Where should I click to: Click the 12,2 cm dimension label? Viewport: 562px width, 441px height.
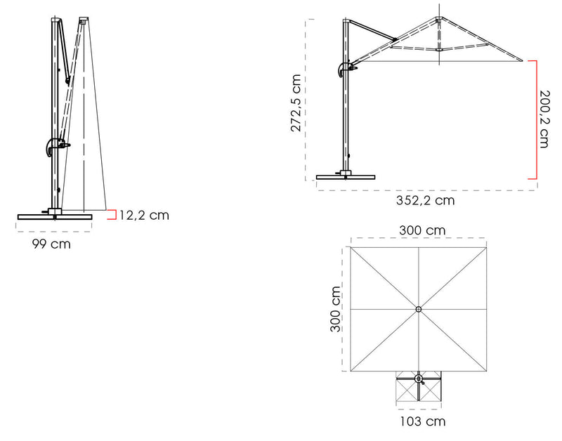tap(144, 215)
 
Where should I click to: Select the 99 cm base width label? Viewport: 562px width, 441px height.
tap(51, 244)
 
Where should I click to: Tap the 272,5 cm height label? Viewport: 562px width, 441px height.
tap(296, 103)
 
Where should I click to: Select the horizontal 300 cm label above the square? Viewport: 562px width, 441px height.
tap(422, 230)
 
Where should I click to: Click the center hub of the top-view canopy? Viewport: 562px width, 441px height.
tap(419, 309)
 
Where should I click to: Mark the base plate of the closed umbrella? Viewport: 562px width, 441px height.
tap(55, 216)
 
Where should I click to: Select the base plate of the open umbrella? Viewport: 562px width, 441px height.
tap(345, 177)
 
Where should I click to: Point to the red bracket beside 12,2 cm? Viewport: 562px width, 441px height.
tap(112, 215)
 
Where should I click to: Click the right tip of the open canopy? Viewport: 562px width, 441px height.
tap(523, 60)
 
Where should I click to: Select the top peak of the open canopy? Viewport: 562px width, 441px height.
tap(438, 18)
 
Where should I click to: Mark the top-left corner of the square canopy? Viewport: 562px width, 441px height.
tap(351, 246)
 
